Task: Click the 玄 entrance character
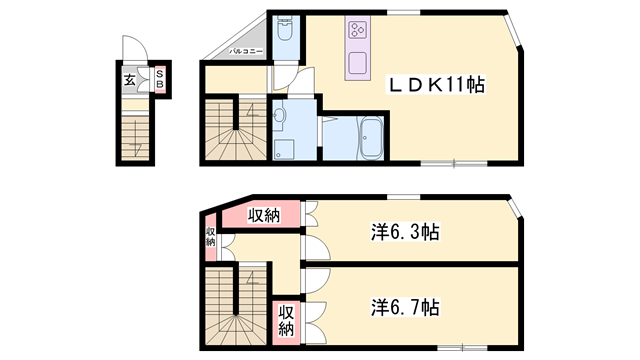tap(131, 81)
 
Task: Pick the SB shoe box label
tap(158, 81)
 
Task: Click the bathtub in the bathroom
tap(370, 133)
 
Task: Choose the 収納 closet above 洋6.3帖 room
tap(263, 214)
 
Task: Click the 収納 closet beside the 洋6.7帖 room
tap(286, 318)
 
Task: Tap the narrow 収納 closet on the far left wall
tap(211, 236)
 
